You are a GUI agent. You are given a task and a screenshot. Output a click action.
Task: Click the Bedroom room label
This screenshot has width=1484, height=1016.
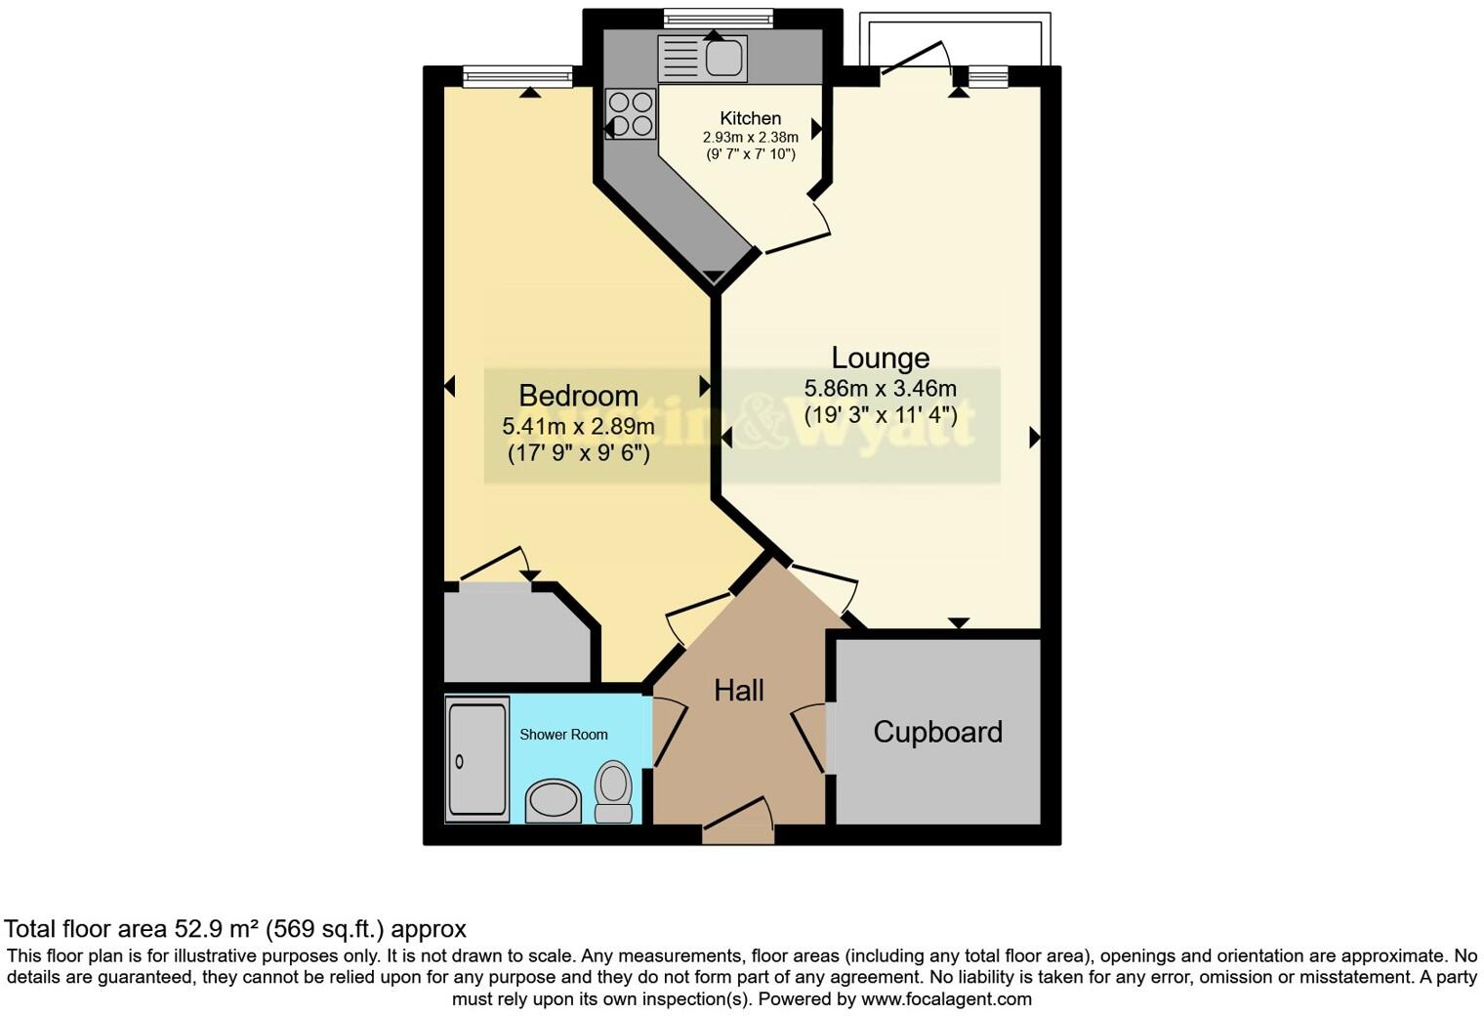click(578, 396)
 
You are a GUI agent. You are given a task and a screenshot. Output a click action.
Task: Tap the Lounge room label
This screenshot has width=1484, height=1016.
click(880, 358)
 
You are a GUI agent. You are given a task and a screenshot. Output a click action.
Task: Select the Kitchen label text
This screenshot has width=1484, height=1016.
click(750, 118)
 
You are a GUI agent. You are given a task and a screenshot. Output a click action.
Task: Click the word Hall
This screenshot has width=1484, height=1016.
click(738, 691)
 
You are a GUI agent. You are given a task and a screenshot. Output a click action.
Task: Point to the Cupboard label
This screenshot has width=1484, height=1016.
click(937, 732)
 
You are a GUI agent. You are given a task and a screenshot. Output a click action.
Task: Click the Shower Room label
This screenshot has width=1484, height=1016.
click(563, 735)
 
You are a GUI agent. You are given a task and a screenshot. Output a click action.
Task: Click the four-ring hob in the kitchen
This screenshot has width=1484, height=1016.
click(631, 113)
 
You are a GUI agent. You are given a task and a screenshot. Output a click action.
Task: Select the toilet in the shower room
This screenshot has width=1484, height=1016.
click(613, 791)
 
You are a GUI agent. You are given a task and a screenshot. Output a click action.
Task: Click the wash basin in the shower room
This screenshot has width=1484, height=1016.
click(553, 801)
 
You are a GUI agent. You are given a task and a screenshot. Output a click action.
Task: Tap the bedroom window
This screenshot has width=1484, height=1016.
click(517, 76)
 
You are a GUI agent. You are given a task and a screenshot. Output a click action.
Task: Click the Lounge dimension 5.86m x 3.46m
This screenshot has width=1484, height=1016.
click(880, 389)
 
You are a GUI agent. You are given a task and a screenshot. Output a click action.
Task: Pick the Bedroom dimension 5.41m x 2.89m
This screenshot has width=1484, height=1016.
click(578, 427)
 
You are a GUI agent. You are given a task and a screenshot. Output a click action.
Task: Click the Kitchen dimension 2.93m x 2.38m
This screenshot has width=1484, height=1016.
click(750, 138)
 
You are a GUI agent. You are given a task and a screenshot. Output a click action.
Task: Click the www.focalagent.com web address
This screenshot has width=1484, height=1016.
click(946, 999)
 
